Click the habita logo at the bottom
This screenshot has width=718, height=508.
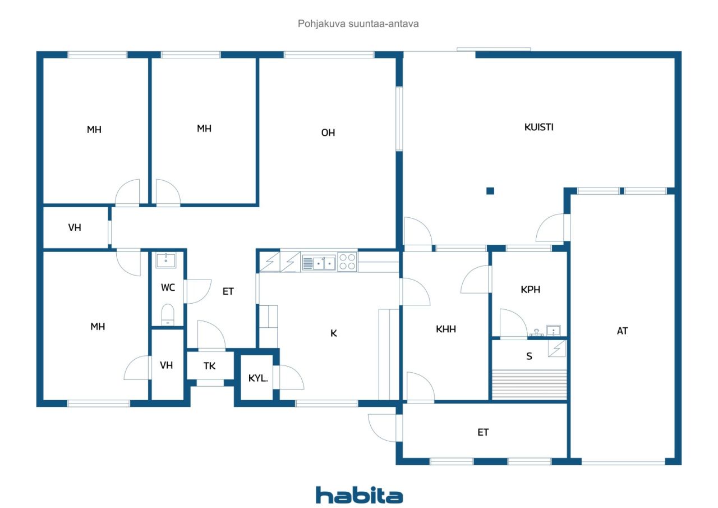[359, 495]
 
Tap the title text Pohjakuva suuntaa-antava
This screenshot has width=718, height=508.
[358, 24]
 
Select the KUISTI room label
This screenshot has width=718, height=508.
[539, 127]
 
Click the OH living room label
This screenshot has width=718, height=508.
[328, 133]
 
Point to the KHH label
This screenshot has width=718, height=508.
[446, 329]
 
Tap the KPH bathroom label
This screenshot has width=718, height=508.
[531, 290]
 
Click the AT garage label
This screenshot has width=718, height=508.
[623, 331]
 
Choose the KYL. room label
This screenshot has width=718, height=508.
[258, 378]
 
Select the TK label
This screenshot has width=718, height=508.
[209, 366]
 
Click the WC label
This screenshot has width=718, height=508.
[168, 287]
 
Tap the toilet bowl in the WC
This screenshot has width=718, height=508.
[168, 314]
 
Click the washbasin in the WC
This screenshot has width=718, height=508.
[165, 260]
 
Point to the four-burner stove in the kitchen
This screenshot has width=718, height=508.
[347, 262]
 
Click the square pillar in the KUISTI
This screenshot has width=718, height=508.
[490, 191]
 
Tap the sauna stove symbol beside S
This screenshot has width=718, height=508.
[557, 349]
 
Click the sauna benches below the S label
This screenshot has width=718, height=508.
[530, 385]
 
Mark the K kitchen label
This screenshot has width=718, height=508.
[334, 333]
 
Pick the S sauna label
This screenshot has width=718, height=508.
[529, 356]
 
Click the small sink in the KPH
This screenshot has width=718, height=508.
[554, 330]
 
